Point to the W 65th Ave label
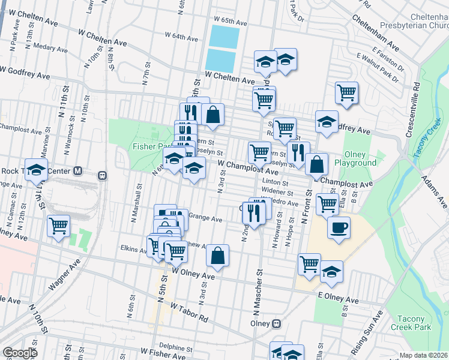(x=231, y=23)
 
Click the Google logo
(x=19, y=353)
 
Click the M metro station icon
(x=77, y=171)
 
